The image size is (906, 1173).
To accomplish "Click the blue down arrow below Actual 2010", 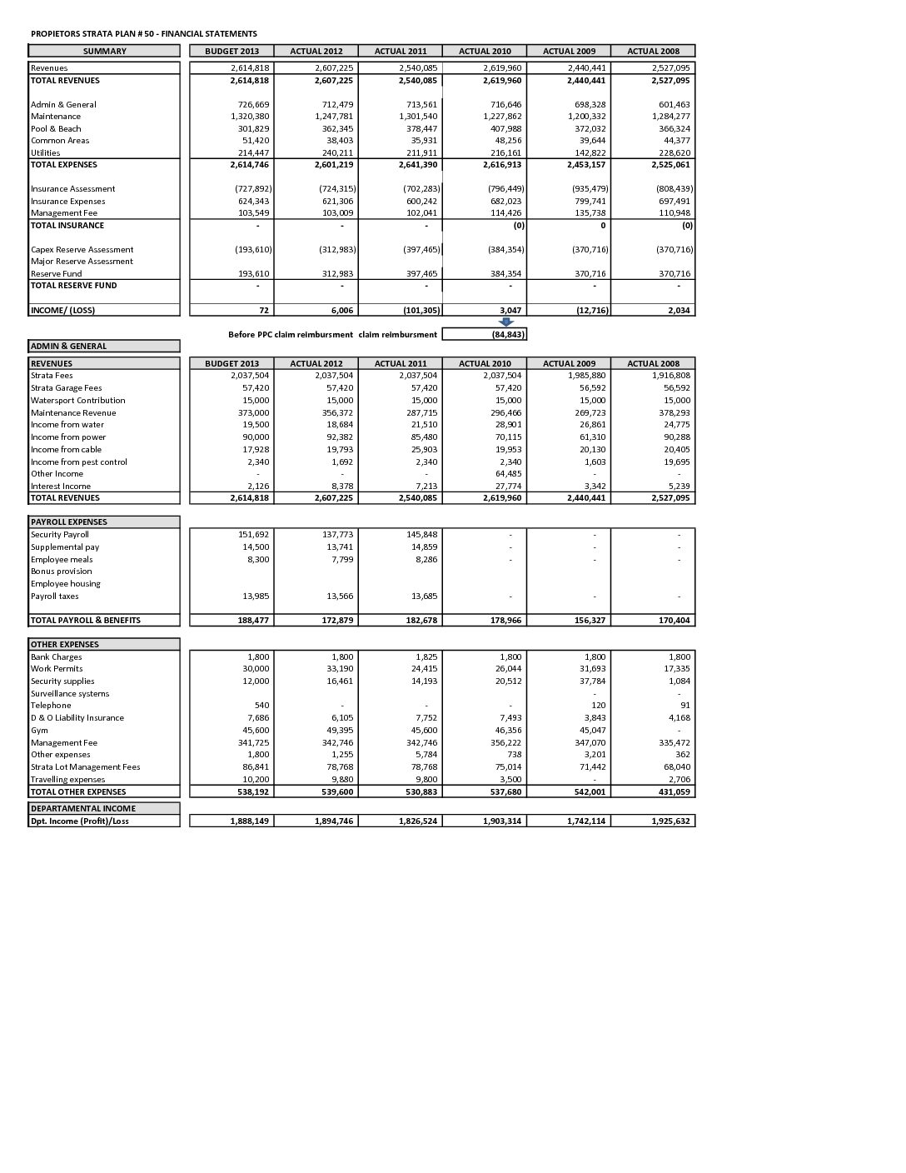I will click(x=505, y=322).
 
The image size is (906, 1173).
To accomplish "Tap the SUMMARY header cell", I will click(x=104, y=51).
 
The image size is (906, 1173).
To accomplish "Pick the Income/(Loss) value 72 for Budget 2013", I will click(x=262, y=310).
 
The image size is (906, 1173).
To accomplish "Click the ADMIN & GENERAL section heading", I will click(x=68, y=346).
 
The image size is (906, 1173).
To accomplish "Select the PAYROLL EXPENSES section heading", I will click(x=68, y=522).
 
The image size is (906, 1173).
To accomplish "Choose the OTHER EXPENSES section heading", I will click(x=64, y=645).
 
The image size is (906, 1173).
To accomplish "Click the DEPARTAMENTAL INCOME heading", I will click(x=82, y=808).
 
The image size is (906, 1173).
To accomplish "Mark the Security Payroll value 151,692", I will click(x=253, y=535).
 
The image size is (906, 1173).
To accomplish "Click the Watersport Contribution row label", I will click(x=78, y=401).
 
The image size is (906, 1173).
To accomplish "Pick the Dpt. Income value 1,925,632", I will click(x=670, y=821).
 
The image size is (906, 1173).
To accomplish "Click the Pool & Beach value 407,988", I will click(x=505, y=129).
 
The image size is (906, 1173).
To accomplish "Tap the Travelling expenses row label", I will click(x=68, y=780).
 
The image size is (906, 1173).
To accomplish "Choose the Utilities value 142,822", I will click(x=590, y=153).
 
